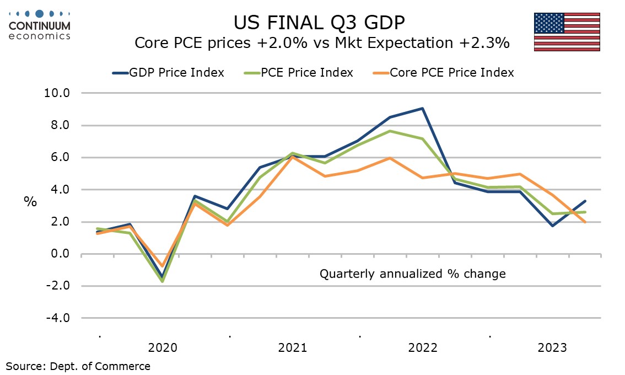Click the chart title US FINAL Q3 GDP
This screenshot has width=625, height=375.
pos(319,23)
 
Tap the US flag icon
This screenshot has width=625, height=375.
pos(567,32)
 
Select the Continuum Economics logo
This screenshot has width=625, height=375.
pos(40,25)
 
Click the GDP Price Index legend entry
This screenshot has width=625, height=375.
pos(168,73)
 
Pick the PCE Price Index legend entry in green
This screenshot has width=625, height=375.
pos(299,73)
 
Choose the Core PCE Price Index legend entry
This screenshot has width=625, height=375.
pos(443,73)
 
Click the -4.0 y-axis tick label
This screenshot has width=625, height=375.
pos(58,318)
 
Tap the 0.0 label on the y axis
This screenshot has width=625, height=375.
pos(61,254)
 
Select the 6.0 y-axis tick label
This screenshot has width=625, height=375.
pos(61,157)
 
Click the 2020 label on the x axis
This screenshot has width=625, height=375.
pos(163,348)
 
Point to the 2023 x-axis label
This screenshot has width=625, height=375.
pos(552,348)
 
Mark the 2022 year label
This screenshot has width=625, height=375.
pos(423,348)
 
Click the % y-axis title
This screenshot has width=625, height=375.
pos(30,201)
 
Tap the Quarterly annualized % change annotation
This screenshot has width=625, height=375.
pos(413,274)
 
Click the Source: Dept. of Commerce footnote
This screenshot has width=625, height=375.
pos(78,366)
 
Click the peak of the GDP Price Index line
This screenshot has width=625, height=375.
pos(423,108)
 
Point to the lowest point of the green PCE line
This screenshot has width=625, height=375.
pos(163,281)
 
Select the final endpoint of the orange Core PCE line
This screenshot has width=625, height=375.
pos(585,222)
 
